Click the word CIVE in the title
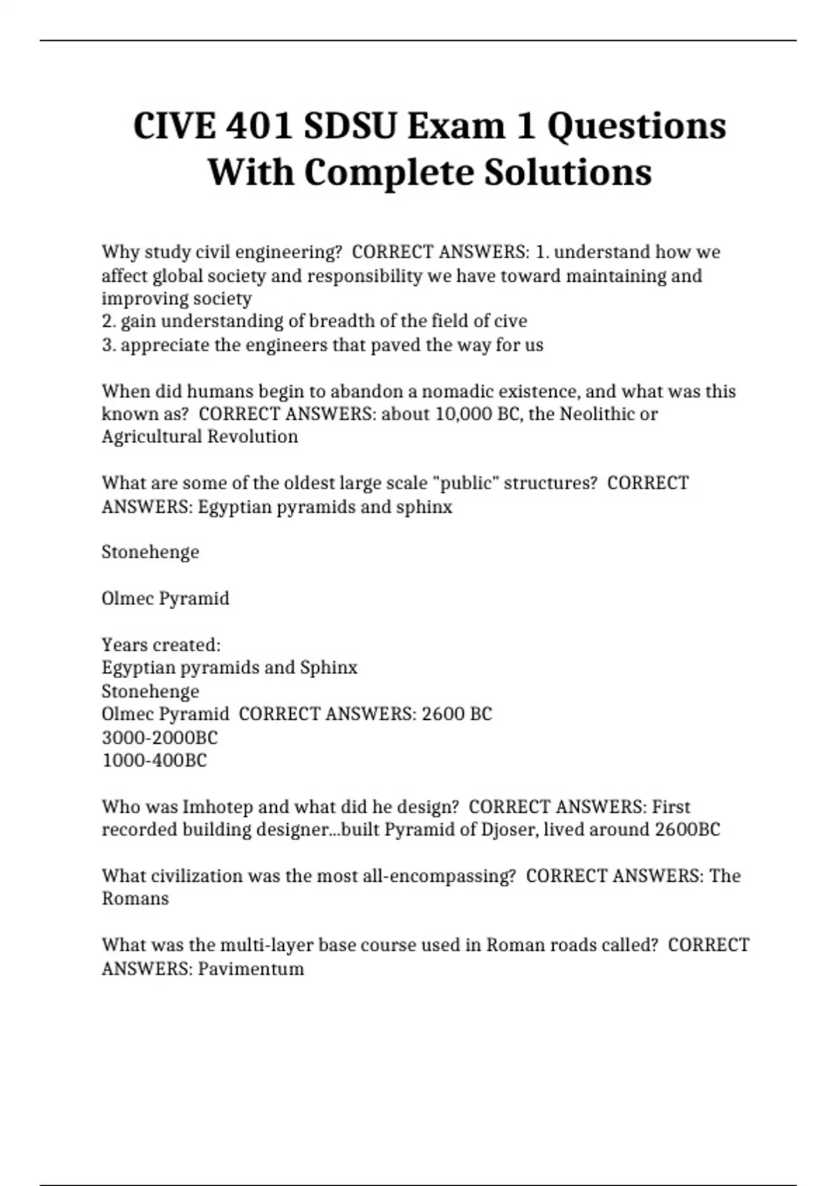(174, 126)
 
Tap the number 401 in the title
(261, 126)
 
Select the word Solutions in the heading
(568, 172)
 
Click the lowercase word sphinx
(424, 506)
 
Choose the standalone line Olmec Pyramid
(165, 599)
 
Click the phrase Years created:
(161, 645)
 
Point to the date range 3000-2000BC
(160, 737)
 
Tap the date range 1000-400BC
(154, 760)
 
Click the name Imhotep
(218, 806)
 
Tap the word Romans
(135, 899)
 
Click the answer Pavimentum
(251, 968)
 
